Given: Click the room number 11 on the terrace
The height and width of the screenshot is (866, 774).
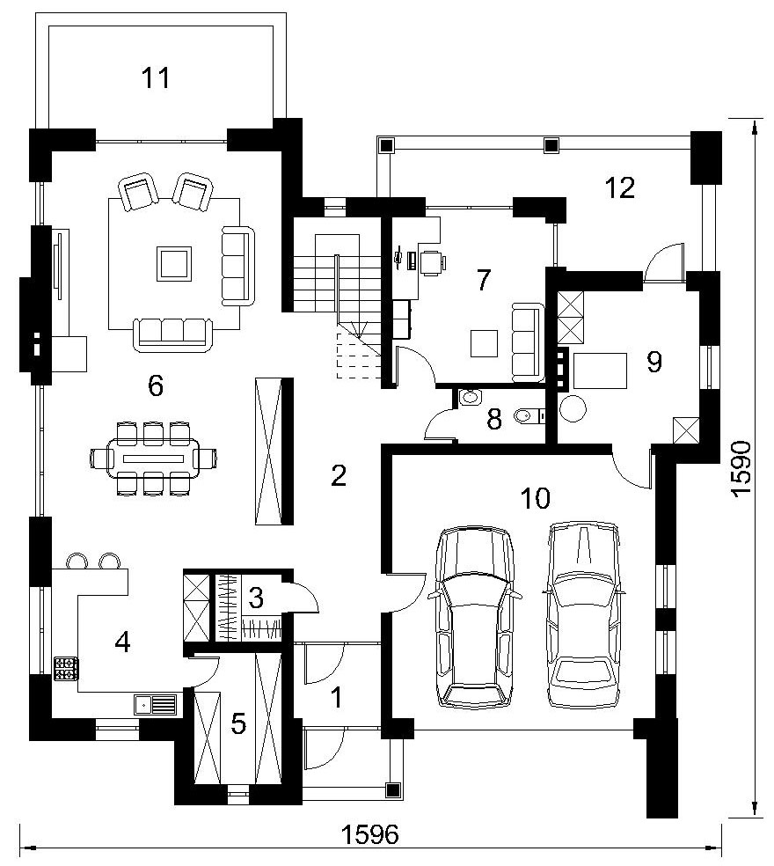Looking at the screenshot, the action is (x=156, y=77).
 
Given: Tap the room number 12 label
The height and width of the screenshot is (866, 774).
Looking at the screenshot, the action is (x=620, y=187).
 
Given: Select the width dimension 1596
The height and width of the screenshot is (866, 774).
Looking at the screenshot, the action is (x=370, y=834).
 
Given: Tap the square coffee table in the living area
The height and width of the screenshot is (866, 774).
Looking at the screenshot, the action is (x=174, y=263).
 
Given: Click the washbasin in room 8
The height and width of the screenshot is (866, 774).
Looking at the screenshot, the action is (x=470, y=397).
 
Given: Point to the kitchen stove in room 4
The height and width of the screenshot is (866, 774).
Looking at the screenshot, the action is (x=66, y=668).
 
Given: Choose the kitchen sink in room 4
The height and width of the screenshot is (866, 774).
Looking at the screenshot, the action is (x=155, y=705).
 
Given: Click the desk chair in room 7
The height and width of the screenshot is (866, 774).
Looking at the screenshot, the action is (x=433, y=261).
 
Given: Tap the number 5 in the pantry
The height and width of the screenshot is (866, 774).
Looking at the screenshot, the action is (x=238, y=723).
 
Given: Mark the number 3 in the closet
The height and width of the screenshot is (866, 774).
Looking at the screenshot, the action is (x=256, y=597).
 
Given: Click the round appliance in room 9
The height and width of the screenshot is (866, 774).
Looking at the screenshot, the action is (x=572, y=408).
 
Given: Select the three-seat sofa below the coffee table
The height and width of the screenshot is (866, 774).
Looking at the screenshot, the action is (x=172, y=334).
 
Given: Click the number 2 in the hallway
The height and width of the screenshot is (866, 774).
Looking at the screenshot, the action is (x=339, y=475).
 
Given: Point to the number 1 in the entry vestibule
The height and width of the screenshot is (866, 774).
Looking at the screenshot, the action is (x=337, y=698).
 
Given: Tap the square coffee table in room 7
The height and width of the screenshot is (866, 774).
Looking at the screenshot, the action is (x=484, y=343).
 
